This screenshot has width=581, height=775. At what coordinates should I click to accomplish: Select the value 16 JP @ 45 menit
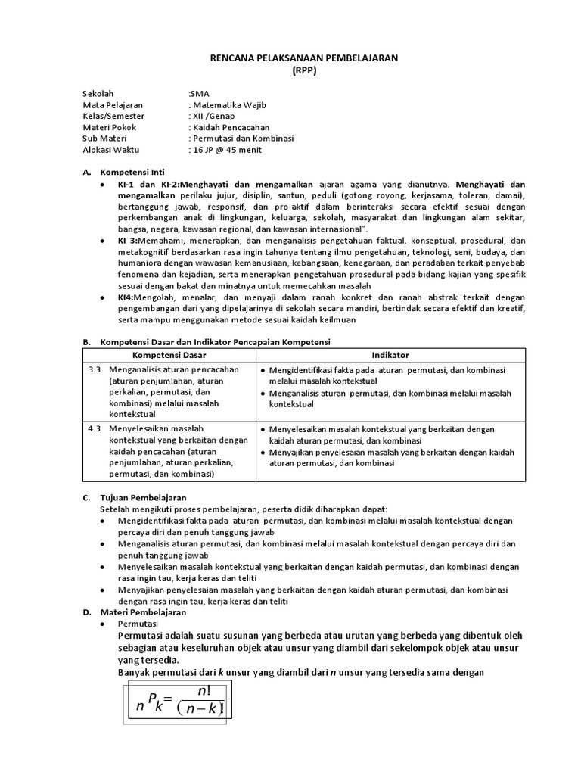(x=226, y=150)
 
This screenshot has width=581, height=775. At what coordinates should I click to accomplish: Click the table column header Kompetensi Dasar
(x=169, y=355)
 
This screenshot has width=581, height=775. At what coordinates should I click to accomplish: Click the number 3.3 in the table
(x=95, y=369)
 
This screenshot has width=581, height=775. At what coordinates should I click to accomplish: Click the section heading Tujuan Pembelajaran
(x=143, y=497)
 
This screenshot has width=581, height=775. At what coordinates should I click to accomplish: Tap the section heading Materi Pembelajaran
(x=143, y=611)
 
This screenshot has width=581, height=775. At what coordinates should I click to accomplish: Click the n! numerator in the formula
(x=204, y=692)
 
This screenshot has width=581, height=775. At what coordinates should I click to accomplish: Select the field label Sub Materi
(x=107, y=139)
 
